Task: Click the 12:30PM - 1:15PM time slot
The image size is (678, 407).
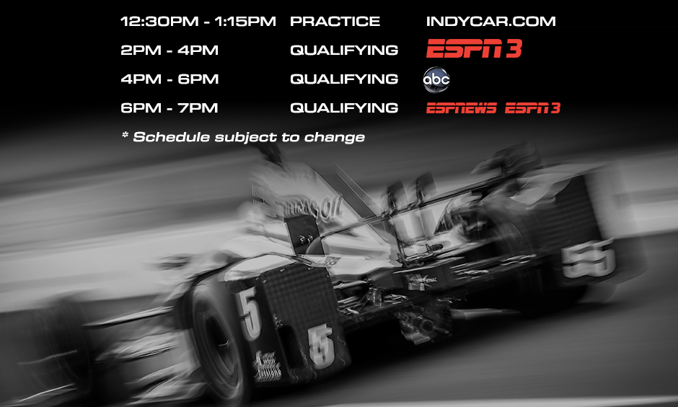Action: click(x=198, y=22)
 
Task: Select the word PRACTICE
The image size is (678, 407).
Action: click(x=335, y=22)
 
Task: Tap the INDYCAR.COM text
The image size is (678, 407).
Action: click(x=491, y=22)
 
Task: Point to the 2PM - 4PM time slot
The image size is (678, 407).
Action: click(x=169, y=51)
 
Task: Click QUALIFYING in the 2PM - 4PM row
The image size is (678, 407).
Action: click(x=344, y=51)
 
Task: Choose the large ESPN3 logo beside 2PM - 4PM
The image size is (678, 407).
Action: click(x=474, y=49)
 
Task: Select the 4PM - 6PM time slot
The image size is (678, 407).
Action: click(x=169, y=79)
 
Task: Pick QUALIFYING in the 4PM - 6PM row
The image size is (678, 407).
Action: click(x=344, y=79)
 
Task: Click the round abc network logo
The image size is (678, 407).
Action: click(x=436, y=80)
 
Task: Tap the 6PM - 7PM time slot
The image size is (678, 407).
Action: click(x=169, y=108)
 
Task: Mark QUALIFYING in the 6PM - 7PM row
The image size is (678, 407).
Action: click(x=344, y=108)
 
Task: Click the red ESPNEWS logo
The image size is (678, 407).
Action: click(x=461, y=108)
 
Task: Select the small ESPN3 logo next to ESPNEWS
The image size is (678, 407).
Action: click(x=532, y=108)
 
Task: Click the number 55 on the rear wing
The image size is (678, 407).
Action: click(x=588, y=258)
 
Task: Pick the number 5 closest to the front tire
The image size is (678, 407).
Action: click(x=250, y=315)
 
